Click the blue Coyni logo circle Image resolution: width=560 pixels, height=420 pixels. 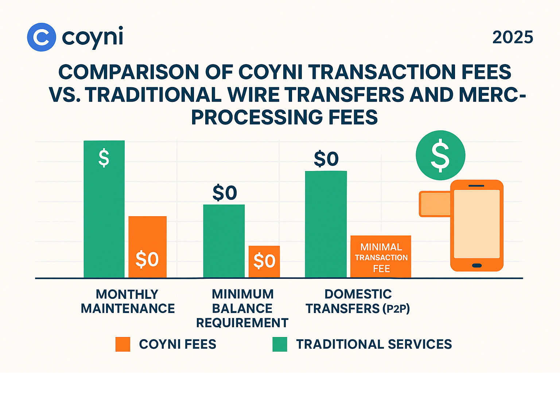click(x=42, y=37)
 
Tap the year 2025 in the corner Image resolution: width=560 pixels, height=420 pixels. click(x=513, y=37)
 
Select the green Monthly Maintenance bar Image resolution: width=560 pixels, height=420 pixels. click(x=104, y=218)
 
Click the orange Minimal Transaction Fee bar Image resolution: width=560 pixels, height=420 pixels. click(x=381, y=257)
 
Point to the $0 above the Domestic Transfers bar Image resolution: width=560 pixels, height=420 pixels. click(x=326, y=159)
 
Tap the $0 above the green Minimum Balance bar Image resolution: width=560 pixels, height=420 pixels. click(x=225, y=193)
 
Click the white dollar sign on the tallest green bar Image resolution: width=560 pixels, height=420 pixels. click(x=104, y=158)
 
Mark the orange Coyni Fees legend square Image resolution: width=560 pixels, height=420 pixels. click(x=123, y=344)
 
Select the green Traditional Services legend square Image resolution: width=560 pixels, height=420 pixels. click(x=280, y=344)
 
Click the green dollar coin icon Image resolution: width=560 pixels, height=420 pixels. click(x=440, y=155)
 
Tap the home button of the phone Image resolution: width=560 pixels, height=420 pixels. click(x=477, y=265)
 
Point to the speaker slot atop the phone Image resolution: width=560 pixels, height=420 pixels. click(x=476, y=186)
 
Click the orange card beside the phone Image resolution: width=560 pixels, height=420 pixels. click(x=435, y=204)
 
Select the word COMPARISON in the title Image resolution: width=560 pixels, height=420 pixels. click(x=129, y=72)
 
